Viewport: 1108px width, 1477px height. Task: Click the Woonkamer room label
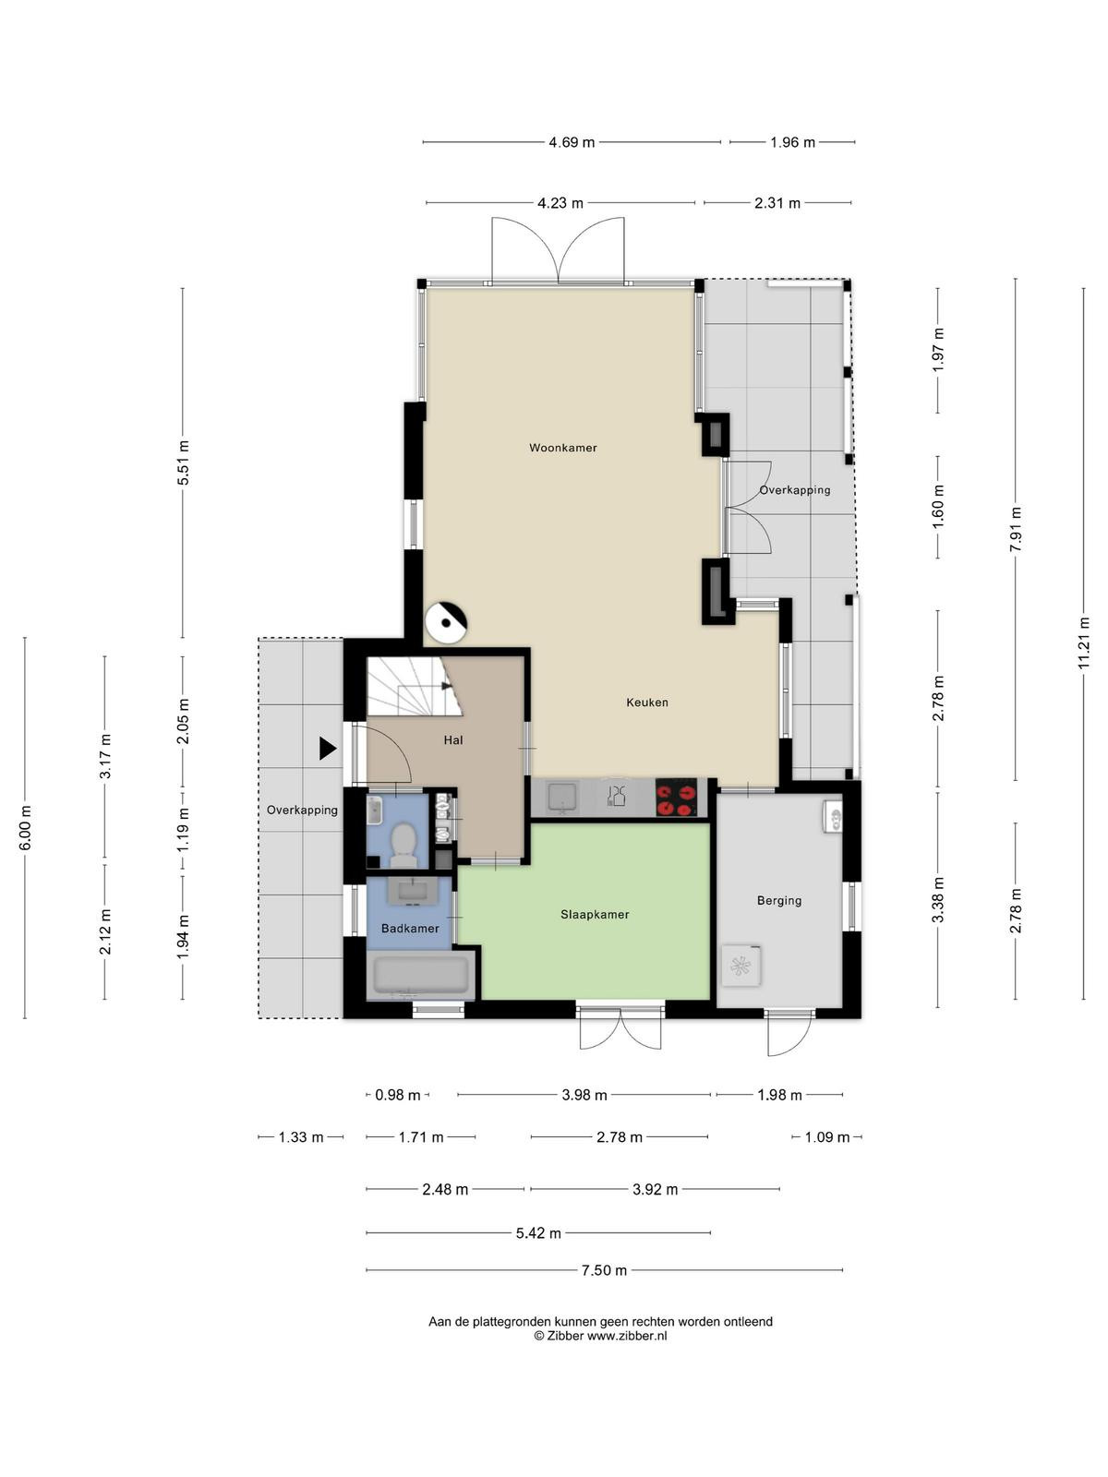click(x=562, y=448)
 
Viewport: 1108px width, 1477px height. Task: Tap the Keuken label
click(x=646, y=702)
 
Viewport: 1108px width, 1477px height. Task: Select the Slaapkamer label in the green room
click(x=595, y=914)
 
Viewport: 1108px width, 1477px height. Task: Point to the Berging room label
click(x=779, y=900)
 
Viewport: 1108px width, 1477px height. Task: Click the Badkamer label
click(x=410, y=928)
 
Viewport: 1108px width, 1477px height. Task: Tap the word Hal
click(x=452, y=740)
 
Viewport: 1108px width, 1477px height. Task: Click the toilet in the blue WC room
click(x=403, y=846)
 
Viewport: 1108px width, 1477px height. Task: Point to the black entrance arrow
click(x=328, y=749)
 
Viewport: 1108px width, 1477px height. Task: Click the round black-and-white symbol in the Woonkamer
click(x=445, y=622)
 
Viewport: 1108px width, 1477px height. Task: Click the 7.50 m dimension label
click(x=604, y=1269)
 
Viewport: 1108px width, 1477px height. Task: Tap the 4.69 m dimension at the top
click(x=572, y=142)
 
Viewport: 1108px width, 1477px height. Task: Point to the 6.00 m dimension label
click(x=25, y=828)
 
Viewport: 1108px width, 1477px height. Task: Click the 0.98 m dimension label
click(x=397, y=1095)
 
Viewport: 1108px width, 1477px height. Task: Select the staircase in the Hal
click(x=414, y=687)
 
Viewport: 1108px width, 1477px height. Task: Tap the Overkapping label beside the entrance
click(x=302, y=810)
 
